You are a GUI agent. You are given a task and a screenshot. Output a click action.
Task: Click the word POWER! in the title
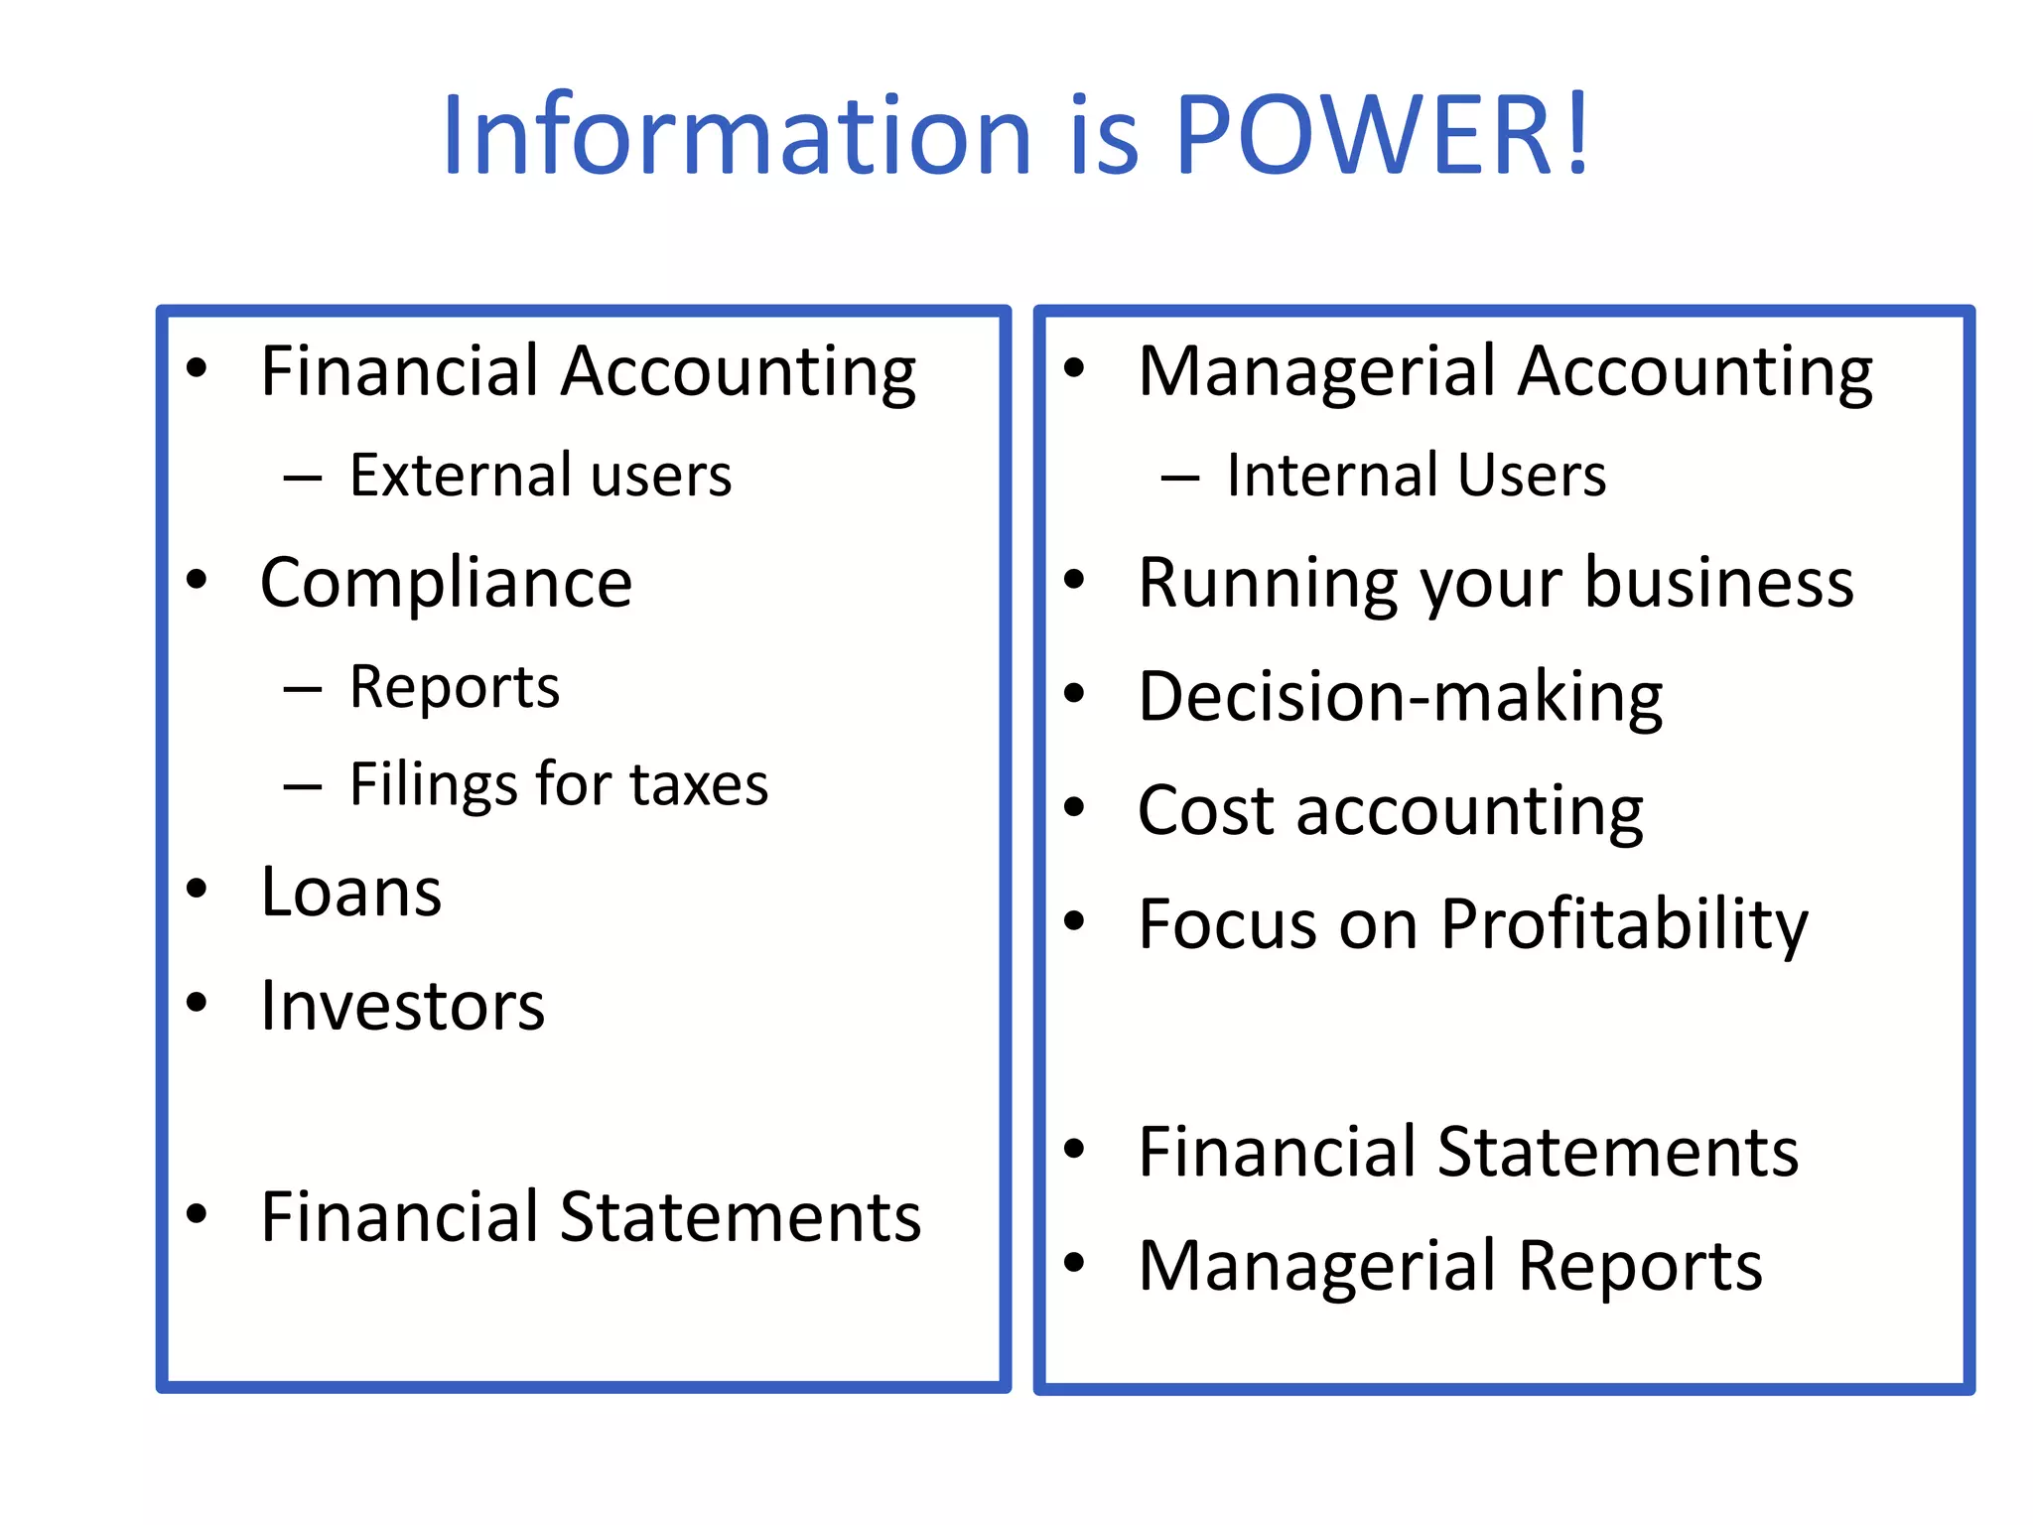tap(1382, 134)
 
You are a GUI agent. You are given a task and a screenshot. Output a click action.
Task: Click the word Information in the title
tap(738, 134)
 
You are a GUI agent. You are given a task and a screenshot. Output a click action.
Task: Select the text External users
tap(540, 475)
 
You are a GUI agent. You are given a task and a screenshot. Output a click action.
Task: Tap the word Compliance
tap(446, 583)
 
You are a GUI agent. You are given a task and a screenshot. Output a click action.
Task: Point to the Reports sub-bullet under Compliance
tap(455, 687)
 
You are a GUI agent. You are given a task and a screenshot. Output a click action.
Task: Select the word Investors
tap(402, 1006)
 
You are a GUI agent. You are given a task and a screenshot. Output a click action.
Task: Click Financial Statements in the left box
tap(591, 1217)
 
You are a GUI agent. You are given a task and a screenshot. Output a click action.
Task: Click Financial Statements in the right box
tap(1468, 1152)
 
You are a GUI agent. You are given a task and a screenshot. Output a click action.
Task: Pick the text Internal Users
tap(1416, 475)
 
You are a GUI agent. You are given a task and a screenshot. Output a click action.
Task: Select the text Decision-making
tap(1400, 697)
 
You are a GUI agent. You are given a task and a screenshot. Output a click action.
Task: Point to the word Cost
tap(1207, 810)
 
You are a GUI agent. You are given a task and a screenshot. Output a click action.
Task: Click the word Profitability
tap(1624, 924)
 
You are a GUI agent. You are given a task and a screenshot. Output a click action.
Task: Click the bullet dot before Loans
tap(197, 888)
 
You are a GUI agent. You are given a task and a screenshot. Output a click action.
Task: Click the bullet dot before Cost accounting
tap(1074, 806)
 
